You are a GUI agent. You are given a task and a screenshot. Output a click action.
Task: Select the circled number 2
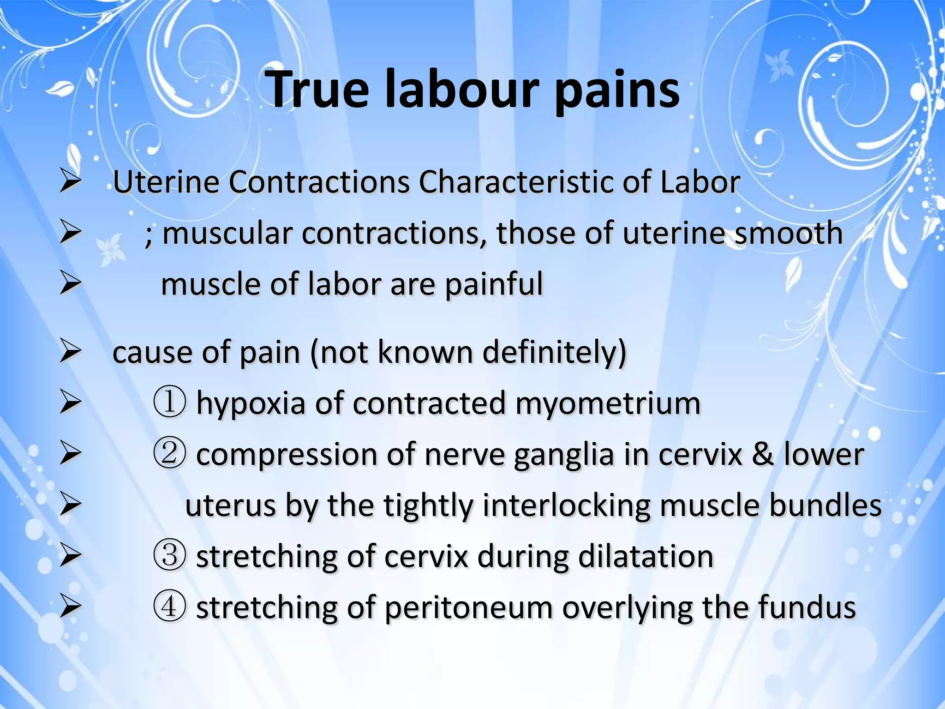tap(169, 454)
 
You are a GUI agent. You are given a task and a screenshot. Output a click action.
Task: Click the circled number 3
tap(169, 556)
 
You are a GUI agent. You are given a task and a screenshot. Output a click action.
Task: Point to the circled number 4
tap(169, 607)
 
